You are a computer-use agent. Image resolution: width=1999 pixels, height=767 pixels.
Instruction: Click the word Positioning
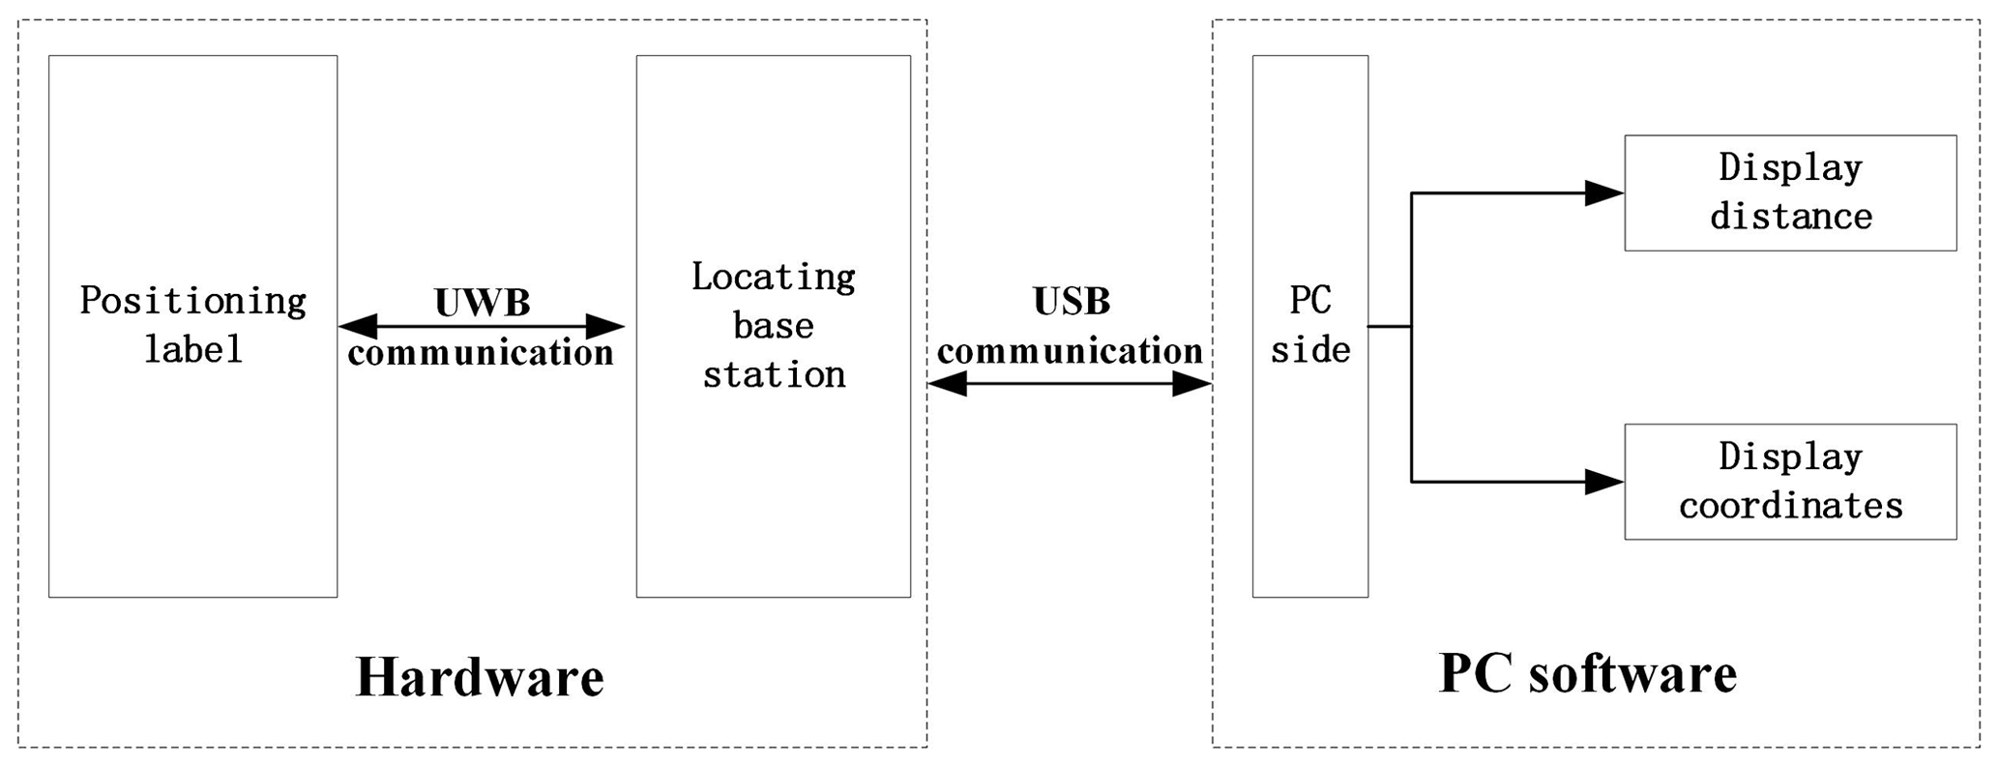coord(192,301)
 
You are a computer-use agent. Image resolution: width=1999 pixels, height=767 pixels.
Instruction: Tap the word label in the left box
coord(192,349)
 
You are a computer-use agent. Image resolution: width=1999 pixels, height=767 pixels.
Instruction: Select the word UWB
coord(482,303)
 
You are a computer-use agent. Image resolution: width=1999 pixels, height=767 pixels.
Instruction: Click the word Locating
coord(773,278)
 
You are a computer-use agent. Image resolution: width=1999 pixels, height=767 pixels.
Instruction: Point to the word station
coord(773,374)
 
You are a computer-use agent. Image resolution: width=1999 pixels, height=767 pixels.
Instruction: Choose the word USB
coord(1071,301)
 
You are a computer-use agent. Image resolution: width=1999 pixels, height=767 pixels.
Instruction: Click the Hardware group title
coord(480,676)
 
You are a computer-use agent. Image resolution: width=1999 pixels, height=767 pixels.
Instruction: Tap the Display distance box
coord(1789,192)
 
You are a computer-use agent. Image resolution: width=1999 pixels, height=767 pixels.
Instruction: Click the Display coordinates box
coord(1789,481)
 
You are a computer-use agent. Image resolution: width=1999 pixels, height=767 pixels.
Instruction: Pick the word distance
coord(1790,217)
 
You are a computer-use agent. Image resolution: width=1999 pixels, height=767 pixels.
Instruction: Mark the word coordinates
coord(1790,506)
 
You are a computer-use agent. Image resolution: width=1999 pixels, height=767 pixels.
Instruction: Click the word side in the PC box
coord(1309,350)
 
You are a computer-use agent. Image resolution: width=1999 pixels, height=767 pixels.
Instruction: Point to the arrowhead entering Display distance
coord(1605,192)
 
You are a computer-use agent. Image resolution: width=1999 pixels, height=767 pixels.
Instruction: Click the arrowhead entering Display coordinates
coord(1605,481)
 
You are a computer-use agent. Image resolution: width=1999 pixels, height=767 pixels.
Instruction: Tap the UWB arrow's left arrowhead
coord(357,326)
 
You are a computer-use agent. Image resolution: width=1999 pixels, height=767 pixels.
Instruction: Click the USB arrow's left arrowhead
coord(947,384)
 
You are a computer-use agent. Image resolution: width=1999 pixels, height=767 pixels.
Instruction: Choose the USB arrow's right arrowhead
coord(1192,384)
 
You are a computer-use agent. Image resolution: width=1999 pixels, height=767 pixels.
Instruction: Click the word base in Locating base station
coord(773,326)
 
